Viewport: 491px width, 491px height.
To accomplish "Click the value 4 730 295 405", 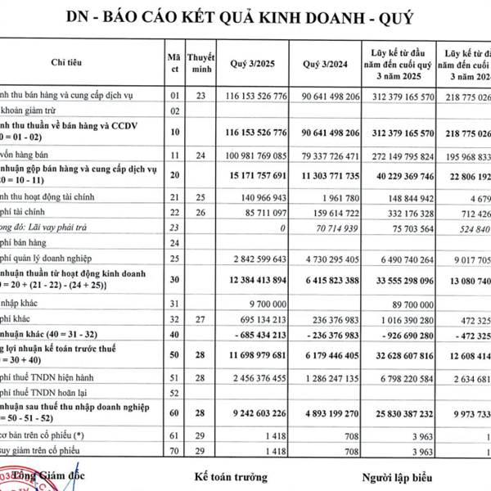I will (x=332, y=259).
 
